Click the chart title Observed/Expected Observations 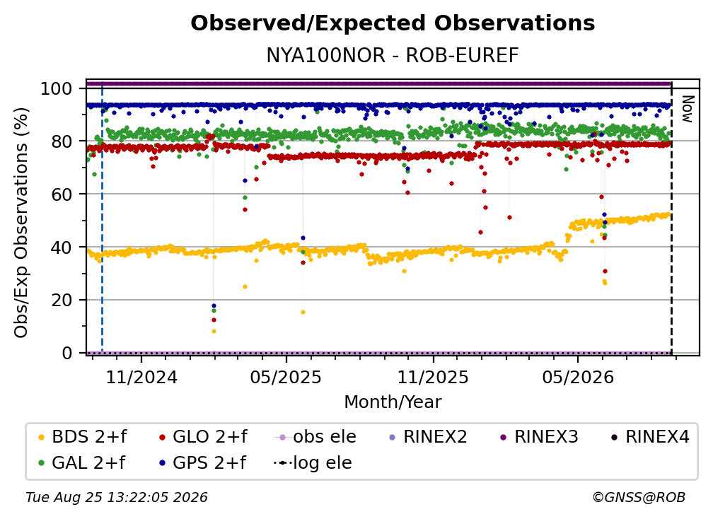pos(393,23)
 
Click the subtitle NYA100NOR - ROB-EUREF pos(393,56)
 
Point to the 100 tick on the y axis pos(57,88)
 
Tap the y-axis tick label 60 pos(62,194)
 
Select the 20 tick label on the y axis pos(62,301)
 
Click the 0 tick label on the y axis pos(66,353)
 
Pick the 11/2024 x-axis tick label pos(141,377)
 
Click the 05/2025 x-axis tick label pos(286,377)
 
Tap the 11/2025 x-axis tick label pos(433,377)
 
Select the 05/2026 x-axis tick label pos(578,377)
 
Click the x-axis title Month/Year pos(393,402)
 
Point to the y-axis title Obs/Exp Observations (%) pos(21,223)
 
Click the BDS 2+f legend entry pos(83,437)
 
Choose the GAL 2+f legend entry pos(82,463)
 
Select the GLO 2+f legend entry pos(203,437)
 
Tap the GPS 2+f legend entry pos(203,463)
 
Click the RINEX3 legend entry pos(539,437)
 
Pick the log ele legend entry pos(313,463)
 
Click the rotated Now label pos(687,109)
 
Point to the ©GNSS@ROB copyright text pos(639,498)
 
